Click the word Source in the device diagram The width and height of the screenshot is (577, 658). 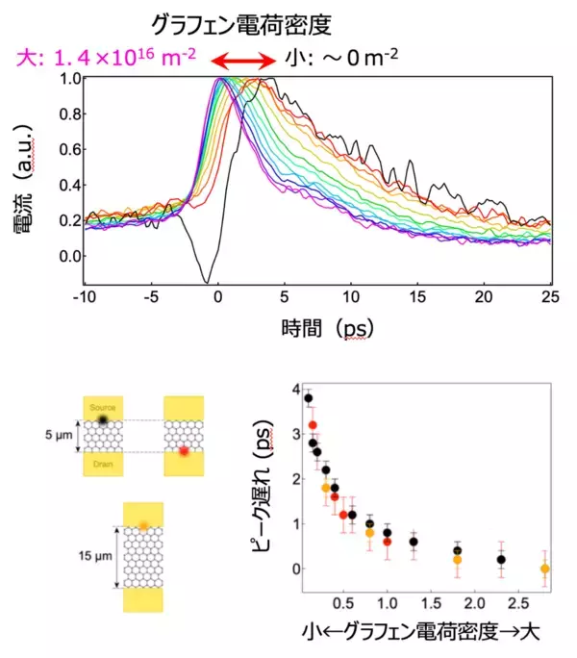[x=102, y=409]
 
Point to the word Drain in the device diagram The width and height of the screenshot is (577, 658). [x=101, y=463]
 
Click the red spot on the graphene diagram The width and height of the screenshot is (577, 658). [x=182, y=450]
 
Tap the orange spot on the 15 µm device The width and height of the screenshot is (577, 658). [x=142, y=525]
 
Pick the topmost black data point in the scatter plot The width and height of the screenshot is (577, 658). [x=309, y=397]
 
